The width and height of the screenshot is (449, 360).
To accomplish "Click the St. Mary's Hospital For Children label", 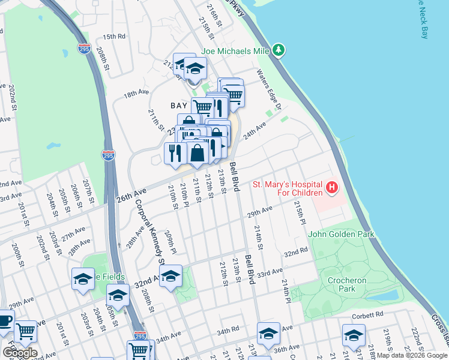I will point(287,188).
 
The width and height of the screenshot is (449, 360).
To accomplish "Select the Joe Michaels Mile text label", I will point(235,51).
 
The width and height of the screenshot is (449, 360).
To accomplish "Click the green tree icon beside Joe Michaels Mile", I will point(278,50).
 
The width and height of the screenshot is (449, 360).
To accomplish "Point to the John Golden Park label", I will point(341,234).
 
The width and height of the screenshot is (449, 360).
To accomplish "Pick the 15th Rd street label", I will point(113,36).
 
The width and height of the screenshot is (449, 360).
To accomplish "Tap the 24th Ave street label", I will point(254,131).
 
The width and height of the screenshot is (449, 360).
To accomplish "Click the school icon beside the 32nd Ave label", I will point(170,276).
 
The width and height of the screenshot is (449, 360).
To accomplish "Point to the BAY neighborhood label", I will point(179,106).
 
